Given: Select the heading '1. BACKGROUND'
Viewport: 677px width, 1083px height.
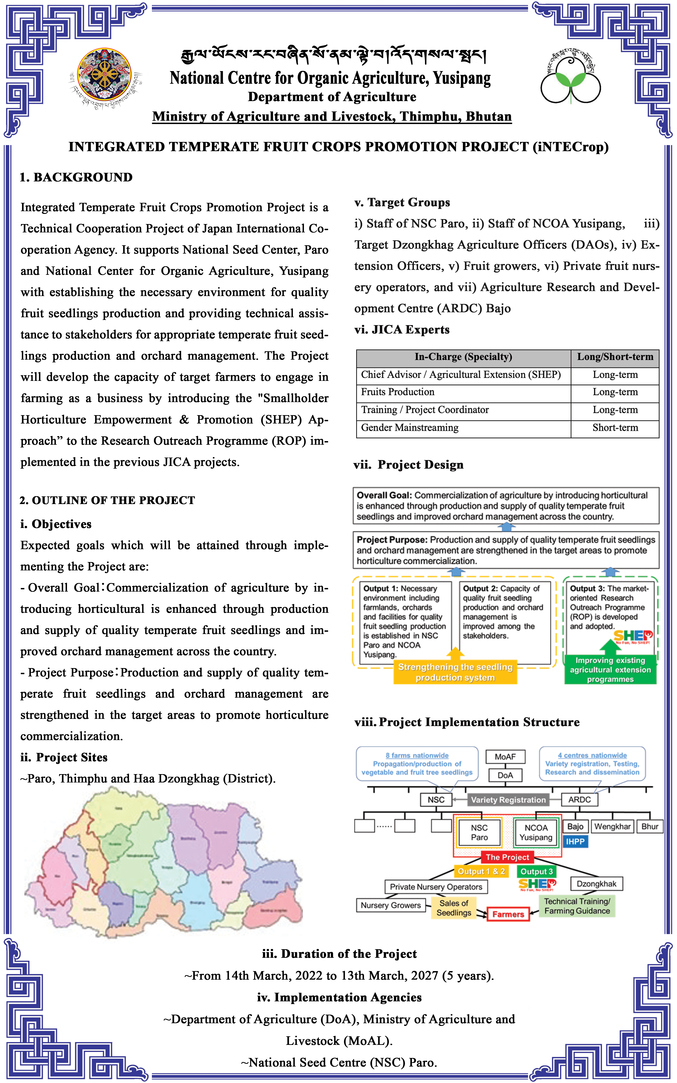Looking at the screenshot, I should pyautogui.click(x=76, y=177).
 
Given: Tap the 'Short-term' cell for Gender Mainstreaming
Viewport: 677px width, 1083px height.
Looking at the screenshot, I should pyautogui.click(x=615, y=428).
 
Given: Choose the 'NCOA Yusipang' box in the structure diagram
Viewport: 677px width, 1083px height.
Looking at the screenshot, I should pyautogui.click(x=536, y=833).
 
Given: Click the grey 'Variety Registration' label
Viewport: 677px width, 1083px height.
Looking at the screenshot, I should pyautogui.click(x=508, y=800).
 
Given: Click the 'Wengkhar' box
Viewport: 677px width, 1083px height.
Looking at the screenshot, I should pyautogui.click(x=612, y=826).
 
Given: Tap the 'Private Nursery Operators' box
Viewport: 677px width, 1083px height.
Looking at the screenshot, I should pyautogui.click(x=436, y=886).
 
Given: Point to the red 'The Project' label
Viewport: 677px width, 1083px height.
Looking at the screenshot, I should pyautogui.click(x=507, y=857).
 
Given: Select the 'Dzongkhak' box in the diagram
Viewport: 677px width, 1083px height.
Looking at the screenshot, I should pyautogui.click(x=596, y=884).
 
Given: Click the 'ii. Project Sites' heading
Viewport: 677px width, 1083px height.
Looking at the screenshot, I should pyautogui.click(x=64, y=757).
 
